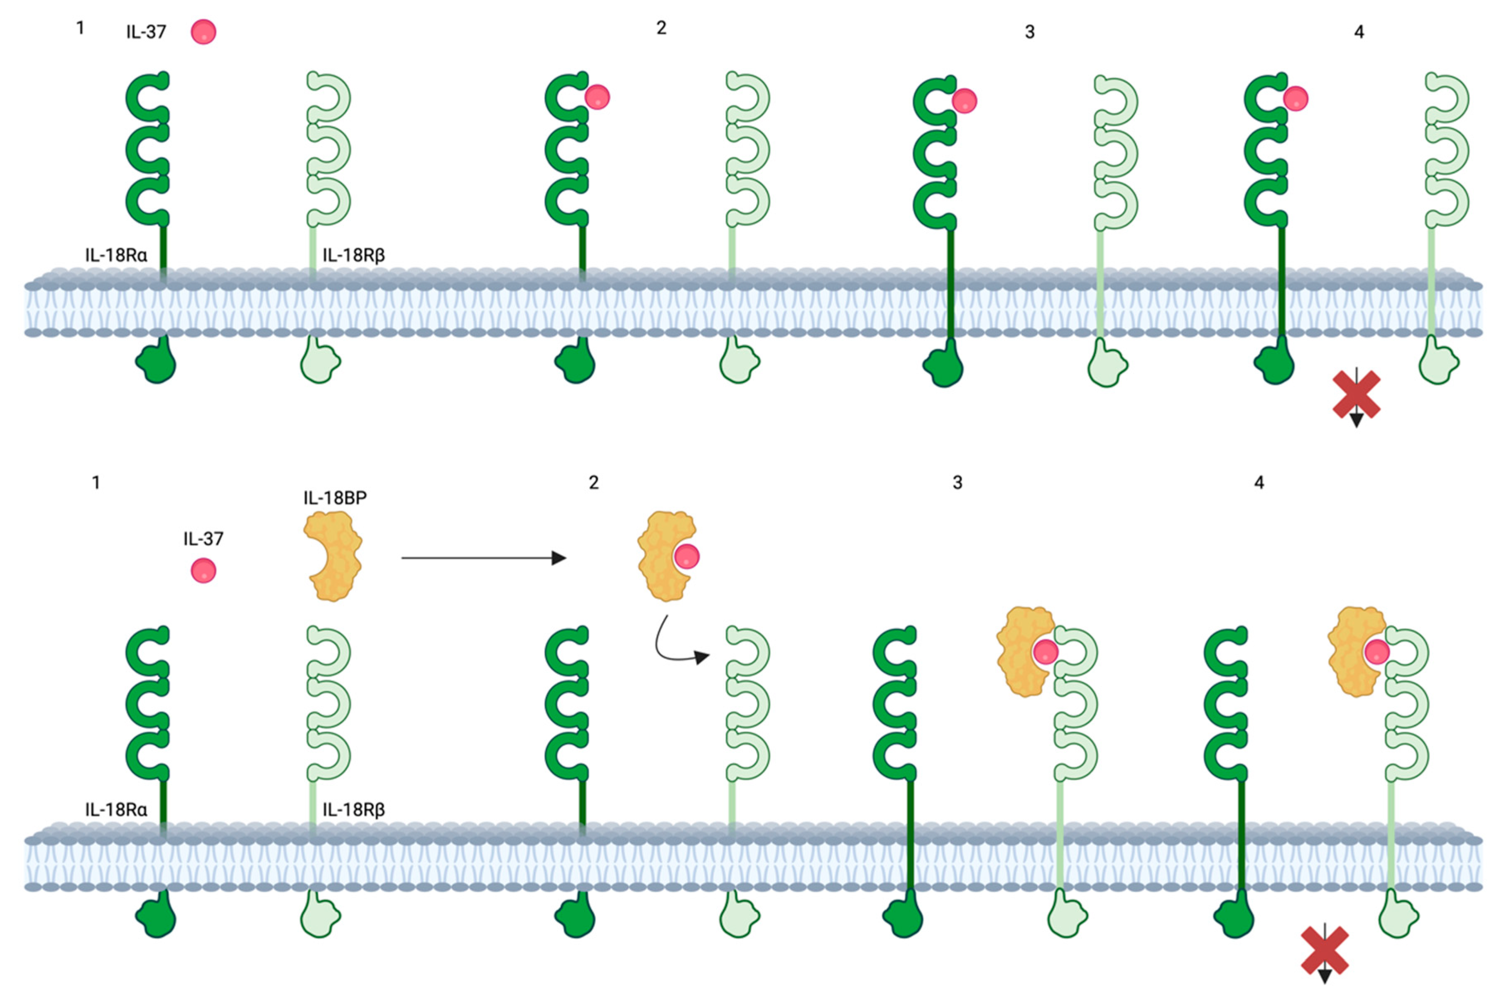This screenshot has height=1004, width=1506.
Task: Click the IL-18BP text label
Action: pyautogui.click(x=335, y=497)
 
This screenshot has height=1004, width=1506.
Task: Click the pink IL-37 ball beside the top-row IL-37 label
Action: pyautogui.click(x=203, y=32)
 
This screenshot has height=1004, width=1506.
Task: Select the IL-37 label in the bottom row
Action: pyautogui.click(x=203, y=539)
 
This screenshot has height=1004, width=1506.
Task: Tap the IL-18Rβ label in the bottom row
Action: pyautogui.click(x=353, y=809)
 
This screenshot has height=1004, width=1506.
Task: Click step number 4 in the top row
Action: pyautogui.click(x=1359, y=32)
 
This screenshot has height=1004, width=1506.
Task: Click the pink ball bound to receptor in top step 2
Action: pyautogui.click(x=598, y=97)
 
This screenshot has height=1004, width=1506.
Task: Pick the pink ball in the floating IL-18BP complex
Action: pyautogui.click(x=686, y=556)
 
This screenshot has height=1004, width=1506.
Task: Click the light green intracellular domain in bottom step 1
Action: pyautogui.click(x=320, y=917)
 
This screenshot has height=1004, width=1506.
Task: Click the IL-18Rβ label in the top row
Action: pyautogui.click(x=353, y=255)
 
